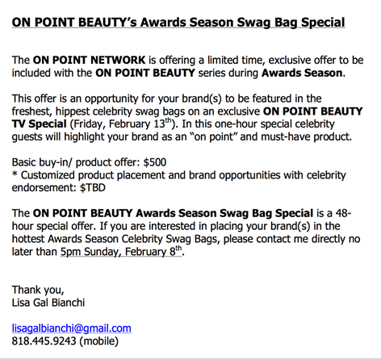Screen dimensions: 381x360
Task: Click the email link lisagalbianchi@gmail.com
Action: click(x=72, y=329)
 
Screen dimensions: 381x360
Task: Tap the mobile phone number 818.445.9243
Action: click(x=44, y=341)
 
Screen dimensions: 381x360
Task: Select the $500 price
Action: click(x=155, y=162)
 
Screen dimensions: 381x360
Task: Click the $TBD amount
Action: click(x=93, y=187)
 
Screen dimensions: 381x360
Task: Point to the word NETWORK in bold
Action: click(x=118, y=60)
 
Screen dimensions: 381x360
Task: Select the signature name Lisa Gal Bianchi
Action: click(x=48, y=303)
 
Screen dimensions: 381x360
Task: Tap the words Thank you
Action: click(x=38, y=290)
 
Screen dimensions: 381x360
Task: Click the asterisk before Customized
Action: click(x=15, y=174)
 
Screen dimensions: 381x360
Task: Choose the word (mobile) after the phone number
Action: click(x=98, y=341)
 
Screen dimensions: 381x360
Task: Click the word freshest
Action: click(x=31, y=111)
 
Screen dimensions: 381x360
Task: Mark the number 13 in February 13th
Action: click(x=160, y=124)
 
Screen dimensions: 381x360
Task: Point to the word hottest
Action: click(x=28, y=239)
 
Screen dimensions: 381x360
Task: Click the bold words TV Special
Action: click(x=40, y=124)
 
